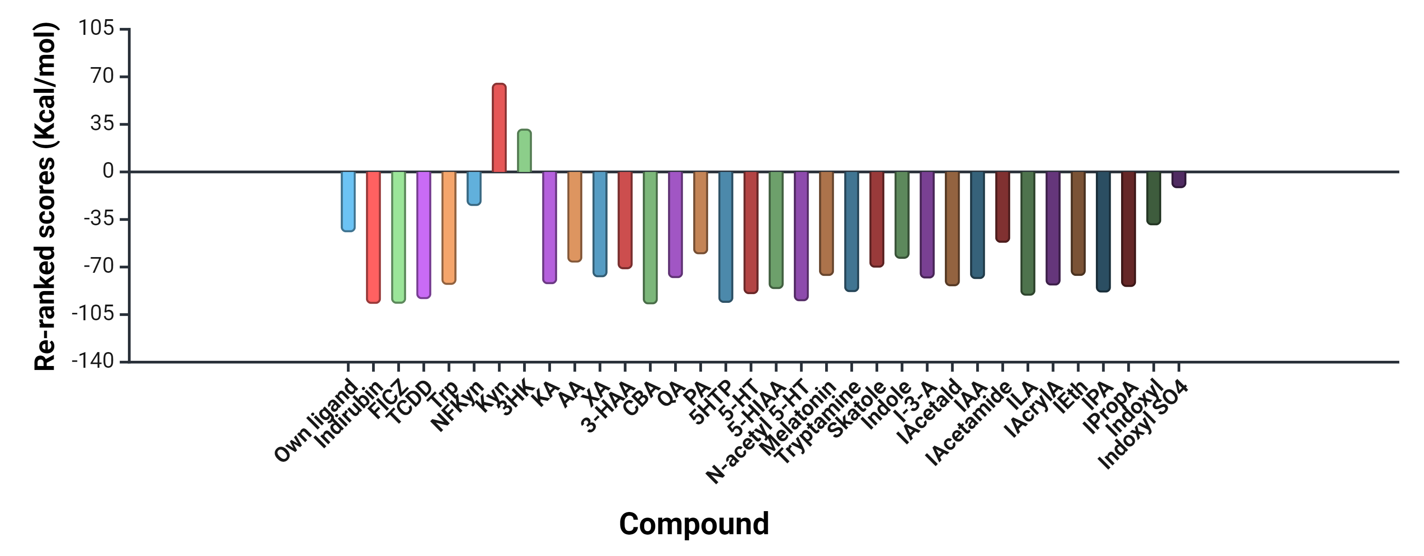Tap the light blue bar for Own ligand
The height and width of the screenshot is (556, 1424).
coord(348,201)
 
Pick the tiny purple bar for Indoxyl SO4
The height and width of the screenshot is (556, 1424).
coord(1179,179)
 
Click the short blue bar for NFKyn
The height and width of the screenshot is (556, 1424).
coord(474,188)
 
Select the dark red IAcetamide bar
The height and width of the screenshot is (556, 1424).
coord(1003,207)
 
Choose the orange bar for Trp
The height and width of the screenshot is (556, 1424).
coord(449,227)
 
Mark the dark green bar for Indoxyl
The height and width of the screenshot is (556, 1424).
coord(1154,197)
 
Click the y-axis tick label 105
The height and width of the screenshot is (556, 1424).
coord(96,27)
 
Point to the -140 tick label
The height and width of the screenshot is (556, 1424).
coord(93,361)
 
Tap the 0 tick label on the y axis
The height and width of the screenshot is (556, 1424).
coord(108,172)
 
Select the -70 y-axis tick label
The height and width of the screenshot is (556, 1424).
coord(99,267)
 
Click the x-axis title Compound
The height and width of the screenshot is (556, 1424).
coord(694,523)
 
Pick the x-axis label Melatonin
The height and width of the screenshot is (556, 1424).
coord(798,418)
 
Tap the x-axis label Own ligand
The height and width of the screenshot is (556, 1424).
coord(317,420)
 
